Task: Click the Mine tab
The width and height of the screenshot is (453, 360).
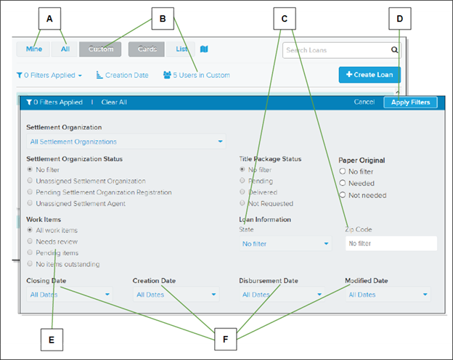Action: (x=33, y=49)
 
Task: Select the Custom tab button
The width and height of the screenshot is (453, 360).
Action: (x=100, y=49)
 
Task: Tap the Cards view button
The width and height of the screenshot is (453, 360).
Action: (x=147, y=49)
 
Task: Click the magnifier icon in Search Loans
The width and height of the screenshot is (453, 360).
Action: (x=394, y=50)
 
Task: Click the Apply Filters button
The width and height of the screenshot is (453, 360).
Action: (x=410, y=102)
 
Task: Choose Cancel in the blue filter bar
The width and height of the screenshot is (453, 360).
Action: (x=364, y=102)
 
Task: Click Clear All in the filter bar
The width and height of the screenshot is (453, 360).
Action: (x=114, y=102)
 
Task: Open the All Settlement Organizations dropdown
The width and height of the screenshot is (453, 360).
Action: (x=126, y=142)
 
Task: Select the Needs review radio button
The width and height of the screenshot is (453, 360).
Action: (x=30, y=241)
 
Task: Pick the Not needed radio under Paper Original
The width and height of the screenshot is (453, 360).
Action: (x=343, y=195)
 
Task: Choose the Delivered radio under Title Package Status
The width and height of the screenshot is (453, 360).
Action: (x=242, y=192)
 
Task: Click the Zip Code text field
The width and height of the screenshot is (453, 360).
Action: (x=391, y=243)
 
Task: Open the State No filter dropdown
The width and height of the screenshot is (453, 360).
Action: (x=285, y=244)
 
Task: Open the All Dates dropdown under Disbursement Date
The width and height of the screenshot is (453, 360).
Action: (x=282, y=295)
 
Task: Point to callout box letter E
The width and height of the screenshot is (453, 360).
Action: (x=52, y=340)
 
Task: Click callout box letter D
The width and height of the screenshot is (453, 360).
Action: (x=400, y=19)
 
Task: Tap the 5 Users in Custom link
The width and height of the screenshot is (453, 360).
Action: (x=197, y=75)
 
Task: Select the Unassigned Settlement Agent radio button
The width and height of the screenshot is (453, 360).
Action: (x=30, y=202)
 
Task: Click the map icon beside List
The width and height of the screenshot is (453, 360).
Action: (x=204, y=49)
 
